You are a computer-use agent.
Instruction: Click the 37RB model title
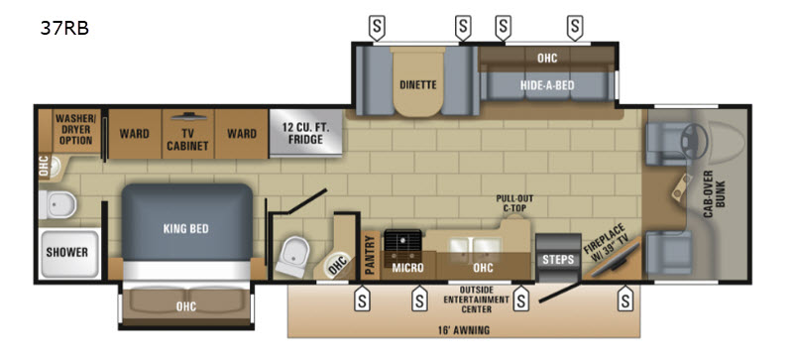pyautogui.click(x=64, y=29)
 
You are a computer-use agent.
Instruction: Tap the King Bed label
pyautogui.click(x=186, y=229)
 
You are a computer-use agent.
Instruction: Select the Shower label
pyautogui.click(x=67, y=252)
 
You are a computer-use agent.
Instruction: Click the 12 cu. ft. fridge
pyautogui.click(x=305, y=133)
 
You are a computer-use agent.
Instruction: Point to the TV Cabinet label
pyautogui.click(x=188, y=140)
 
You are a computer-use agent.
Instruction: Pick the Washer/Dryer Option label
pyautogui.click(x=75, y=130)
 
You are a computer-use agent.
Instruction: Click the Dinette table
pyautogui.click(x=417, y=81)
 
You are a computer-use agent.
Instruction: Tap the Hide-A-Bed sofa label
pyautogui.click(x=548, y=85)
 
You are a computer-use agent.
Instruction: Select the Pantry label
pyautogui.click(x=371, y=256)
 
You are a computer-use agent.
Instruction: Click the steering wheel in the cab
pyautogui.click(x=696, y=136)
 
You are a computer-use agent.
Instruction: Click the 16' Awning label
pyautogui.click(x=463, y=330)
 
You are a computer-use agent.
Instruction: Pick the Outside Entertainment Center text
pyautogui.click(x=476, y=299)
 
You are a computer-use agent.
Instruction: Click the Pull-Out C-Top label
pyautogui.click(x=514, y=202)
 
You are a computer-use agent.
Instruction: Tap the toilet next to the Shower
pyautogui.click(x=57, y=205)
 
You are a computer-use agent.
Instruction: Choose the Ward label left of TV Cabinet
pyautogui.click(x=135, y=134)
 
